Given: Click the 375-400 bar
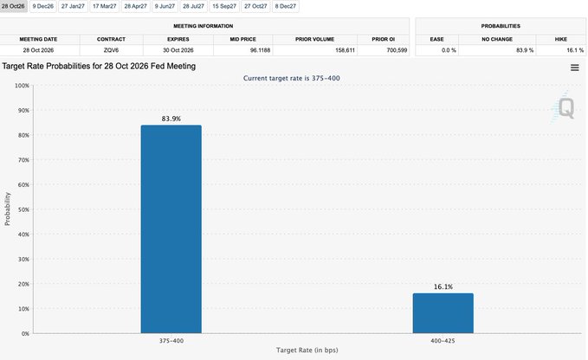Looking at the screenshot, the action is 171,228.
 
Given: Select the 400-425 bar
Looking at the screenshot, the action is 443,313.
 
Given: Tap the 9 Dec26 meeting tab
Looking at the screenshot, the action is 42,6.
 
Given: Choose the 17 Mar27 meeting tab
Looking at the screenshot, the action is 104,6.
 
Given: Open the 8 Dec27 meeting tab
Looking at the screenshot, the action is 286,6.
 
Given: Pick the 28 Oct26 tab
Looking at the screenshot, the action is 13,6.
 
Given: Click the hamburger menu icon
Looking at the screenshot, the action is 574,67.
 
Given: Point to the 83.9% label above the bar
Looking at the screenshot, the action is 171,119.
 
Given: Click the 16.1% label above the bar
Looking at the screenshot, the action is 443,287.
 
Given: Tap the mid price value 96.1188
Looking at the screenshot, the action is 260,50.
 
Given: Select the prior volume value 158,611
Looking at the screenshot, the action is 345,50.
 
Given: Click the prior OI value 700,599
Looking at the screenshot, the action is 397,50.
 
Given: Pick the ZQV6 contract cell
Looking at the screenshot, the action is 111,50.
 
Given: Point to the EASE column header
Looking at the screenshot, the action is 436,39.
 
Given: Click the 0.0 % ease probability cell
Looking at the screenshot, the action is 449,50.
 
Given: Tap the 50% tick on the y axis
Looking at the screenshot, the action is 23,209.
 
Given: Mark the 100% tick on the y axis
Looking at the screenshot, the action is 22,86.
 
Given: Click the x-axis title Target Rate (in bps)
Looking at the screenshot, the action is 307,350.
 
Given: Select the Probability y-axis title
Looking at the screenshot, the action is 8,209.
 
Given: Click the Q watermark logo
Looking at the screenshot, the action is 564,108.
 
